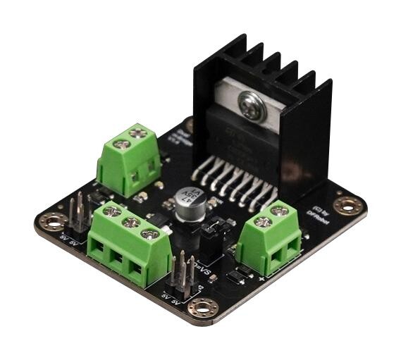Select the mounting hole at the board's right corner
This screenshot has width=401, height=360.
348,205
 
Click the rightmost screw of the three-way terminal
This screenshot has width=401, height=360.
149,233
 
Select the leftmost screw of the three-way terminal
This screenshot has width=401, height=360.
111,211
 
